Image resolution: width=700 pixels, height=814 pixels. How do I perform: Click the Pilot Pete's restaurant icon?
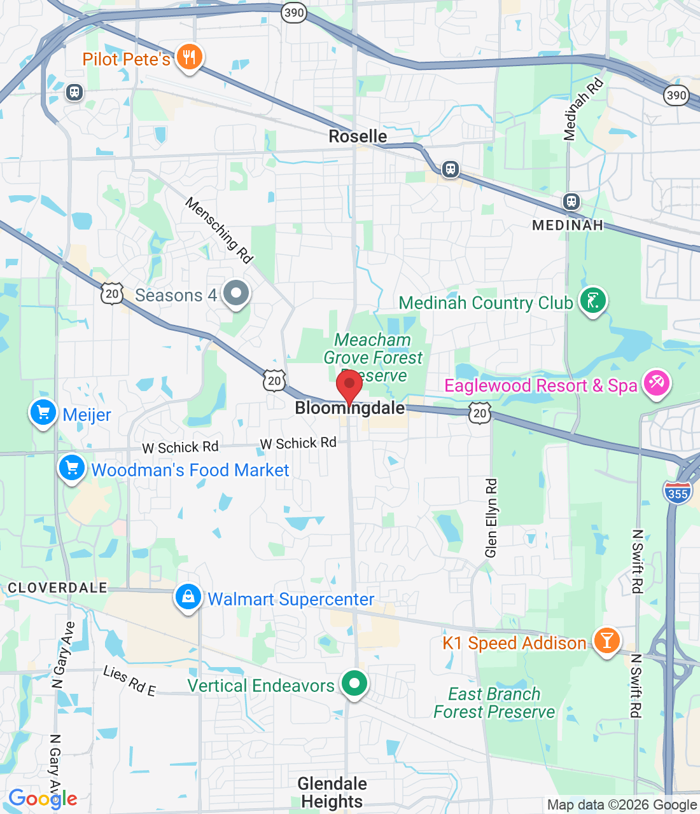tap(188, 58)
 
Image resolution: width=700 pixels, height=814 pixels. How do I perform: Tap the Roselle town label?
tap(358, 136)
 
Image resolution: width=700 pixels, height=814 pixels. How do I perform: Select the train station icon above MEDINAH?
tap(571, 202)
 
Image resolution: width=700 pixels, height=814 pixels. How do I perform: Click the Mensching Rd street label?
tap(220, 230)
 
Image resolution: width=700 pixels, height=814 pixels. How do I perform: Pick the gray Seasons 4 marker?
tap(237, 294)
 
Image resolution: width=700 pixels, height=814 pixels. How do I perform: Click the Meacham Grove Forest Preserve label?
tap(373, 357)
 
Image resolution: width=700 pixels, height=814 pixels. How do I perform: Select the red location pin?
tap(349, 385)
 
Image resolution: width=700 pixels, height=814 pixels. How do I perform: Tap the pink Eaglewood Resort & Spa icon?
tap(656, 383)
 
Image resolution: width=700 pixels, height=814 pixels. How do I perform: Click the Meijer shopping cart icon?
tap(43, 413)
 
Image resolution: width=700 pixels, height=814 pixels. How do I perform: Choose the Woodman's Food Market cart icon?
tap(72, 469)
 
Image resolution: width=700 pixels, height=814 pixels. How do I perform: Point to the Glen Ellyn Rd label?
tap(491, 518)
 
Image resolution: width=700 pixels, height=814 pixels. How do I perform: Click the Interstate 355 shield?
tap(677, 493)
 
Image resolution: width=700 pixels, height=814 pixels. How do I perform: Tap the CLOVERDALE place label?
tap(57, 588)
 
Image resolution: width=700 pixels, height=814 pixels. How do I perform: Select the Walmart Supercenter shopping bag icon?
tap(188, 598)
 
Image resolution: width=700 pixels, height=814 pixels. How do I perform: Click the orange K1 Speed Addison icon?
tap(606, 640)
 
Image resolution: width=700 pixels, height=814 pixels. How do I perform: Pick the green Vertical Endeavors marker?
tap(354, 684)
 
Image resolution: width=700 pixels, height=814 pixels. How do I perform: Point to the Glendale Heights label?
tap(332, 792)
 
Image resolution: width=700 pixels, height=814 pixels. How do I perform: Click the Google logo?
tap(43, 799)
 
